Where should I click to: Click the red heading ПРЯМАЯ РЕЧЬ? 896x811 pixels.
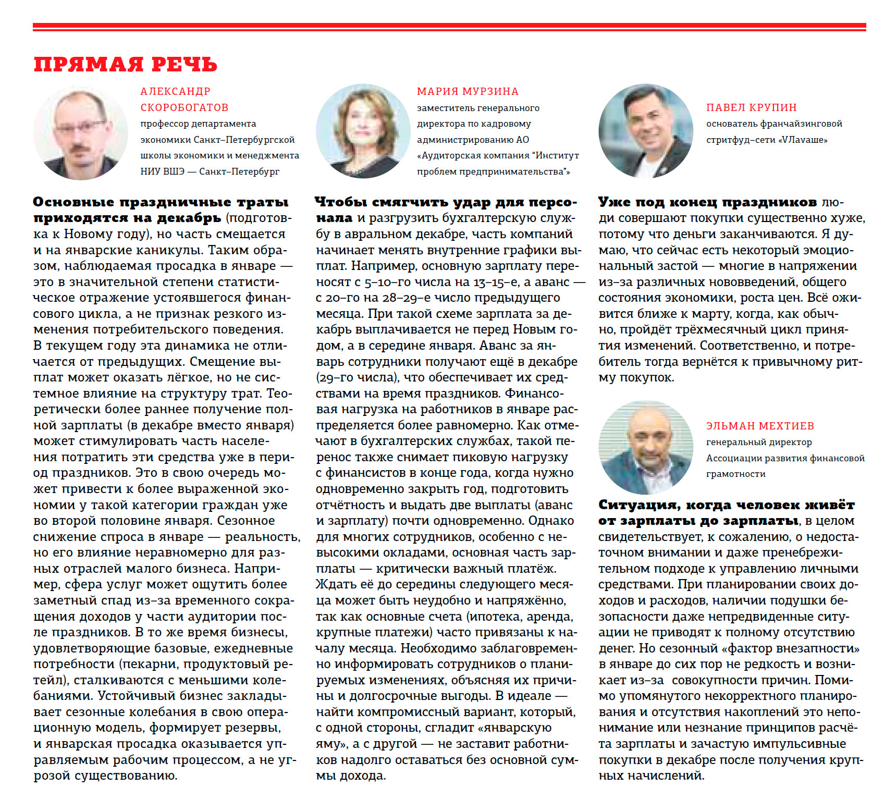pos(125,65)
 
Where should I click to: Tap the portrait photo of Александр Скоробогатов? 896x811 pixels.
pos(80,132)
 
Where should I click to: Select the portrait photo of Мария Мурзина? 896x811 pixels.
pos(363,131)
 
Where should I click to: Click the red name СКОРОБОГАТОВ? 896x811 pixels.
pos(185,107)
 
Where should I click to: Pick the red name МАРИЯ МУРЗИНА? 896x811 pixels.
pos(468,92)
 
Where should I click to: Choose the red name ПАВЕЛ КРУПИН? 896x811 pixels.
pos(751,107)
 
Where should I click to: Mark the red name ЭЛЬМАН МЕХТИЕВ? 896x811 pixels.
pos(760,426)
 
